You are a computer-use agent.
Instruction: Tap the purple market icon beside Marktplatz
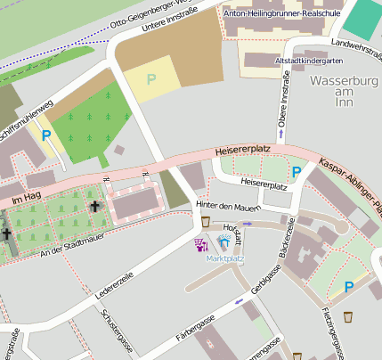(201, 243)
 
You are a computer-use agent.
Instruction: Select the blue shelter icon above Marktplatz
(223, 242)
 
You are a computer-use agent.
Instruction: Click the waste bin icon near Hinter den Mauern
(206, 221)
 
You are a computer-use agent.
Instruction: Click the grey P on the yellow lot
(150, 80)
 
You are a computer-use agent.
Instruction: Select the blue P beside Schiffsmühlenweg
(45, 135)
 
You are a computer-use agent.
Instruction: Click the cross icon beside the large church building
(95, 206)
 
